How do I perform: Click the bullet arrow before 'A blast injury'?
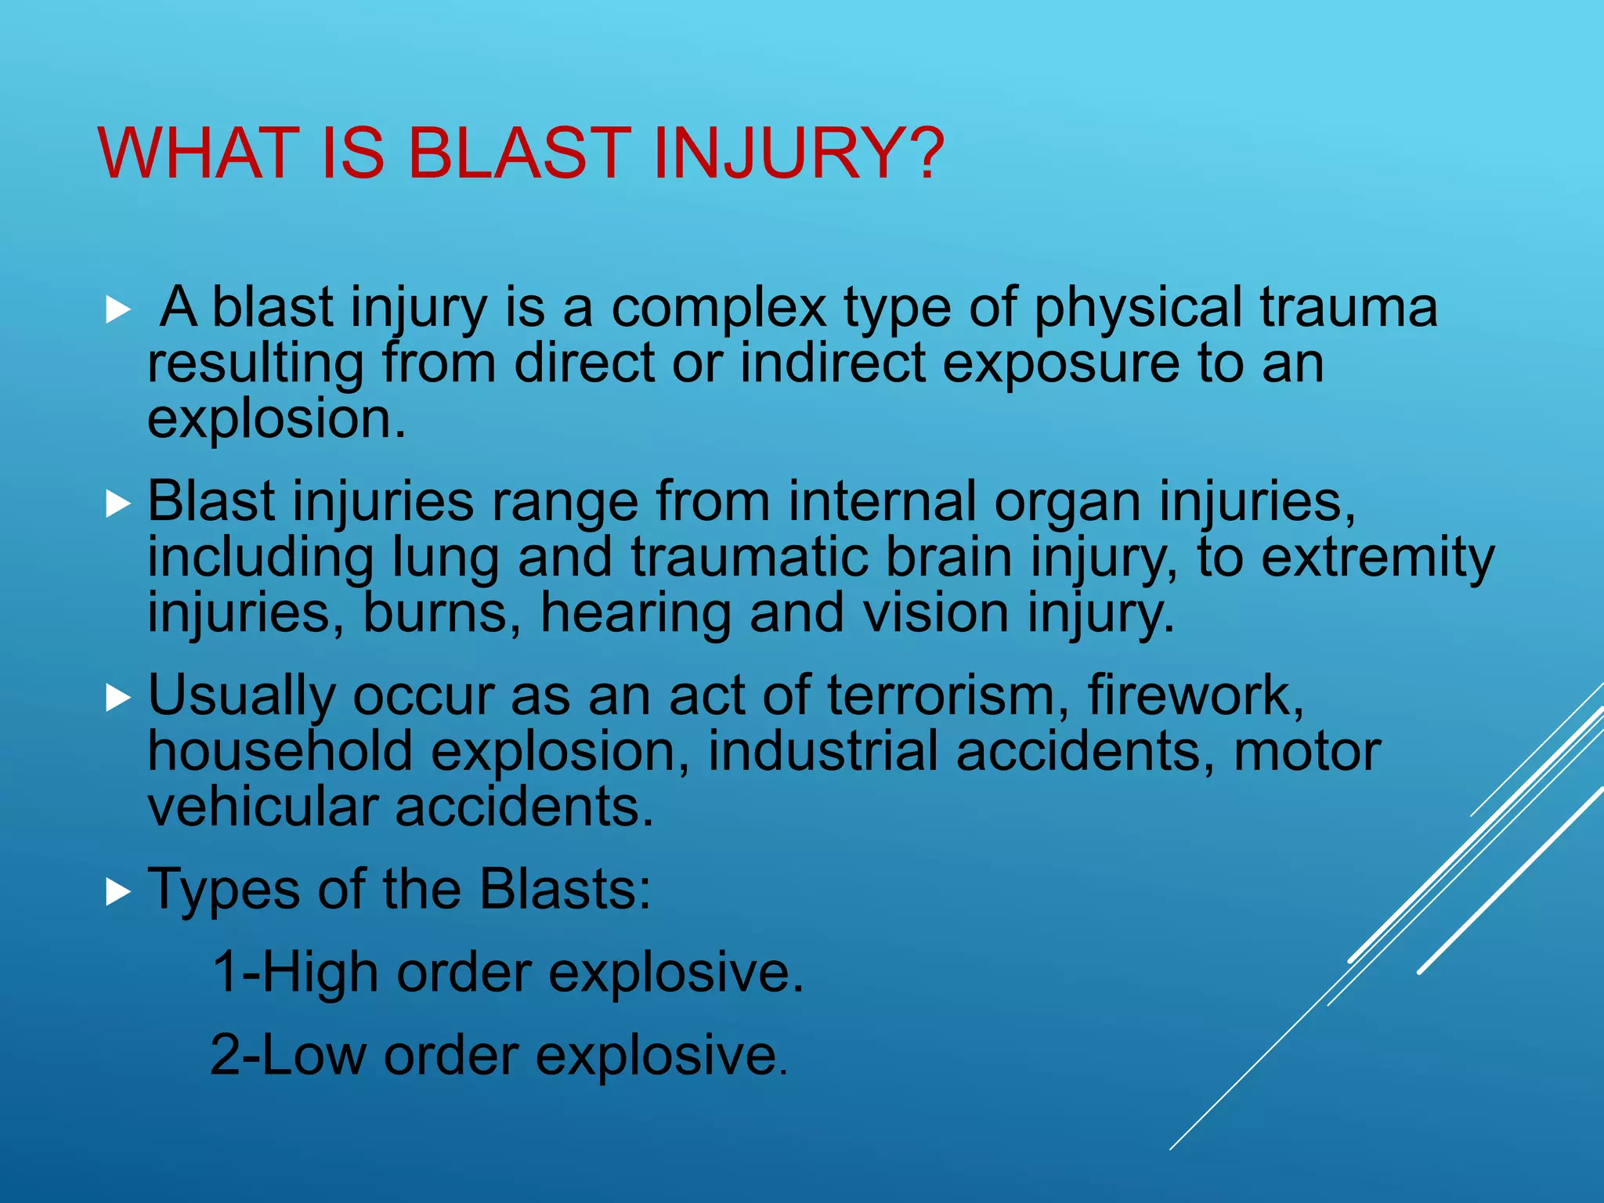click(x=117, y=310)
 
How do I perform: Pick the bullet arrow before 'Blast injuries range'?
click(x=117, y=504)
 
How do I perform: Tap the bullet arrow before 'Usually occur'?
click(x=117, y=698)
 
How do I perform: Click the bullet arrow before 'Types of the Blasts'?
click(x=117, y=891)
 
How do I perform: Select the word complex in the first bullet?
click(x=718, y=307)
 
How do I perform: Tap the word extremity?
click(x=1378, y=558)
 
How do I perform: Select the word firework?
click(x=1195, y=695)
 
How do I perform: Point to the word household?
click(x=280, y=751)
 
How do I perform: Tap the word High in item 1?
click(x=320, y=973)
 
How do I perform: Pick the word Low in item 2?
click(x=312, y=1056)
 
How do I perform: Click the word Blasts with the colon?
click(x=565, y=890)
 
